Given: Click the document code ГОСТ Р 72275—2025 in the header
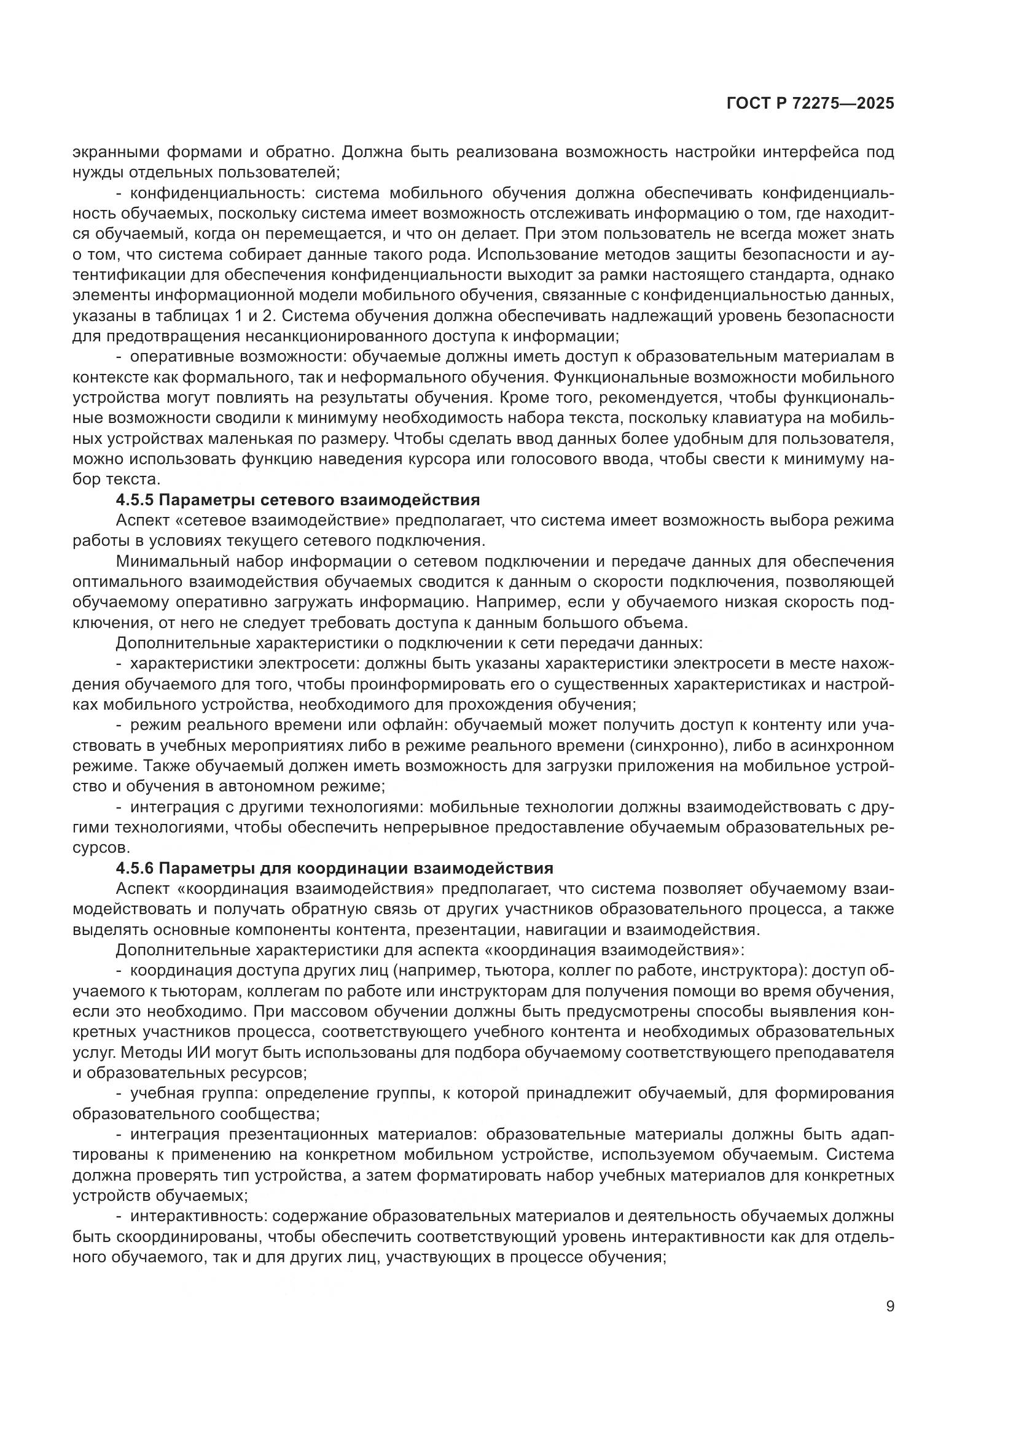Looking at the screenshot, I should pos(810,104).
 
